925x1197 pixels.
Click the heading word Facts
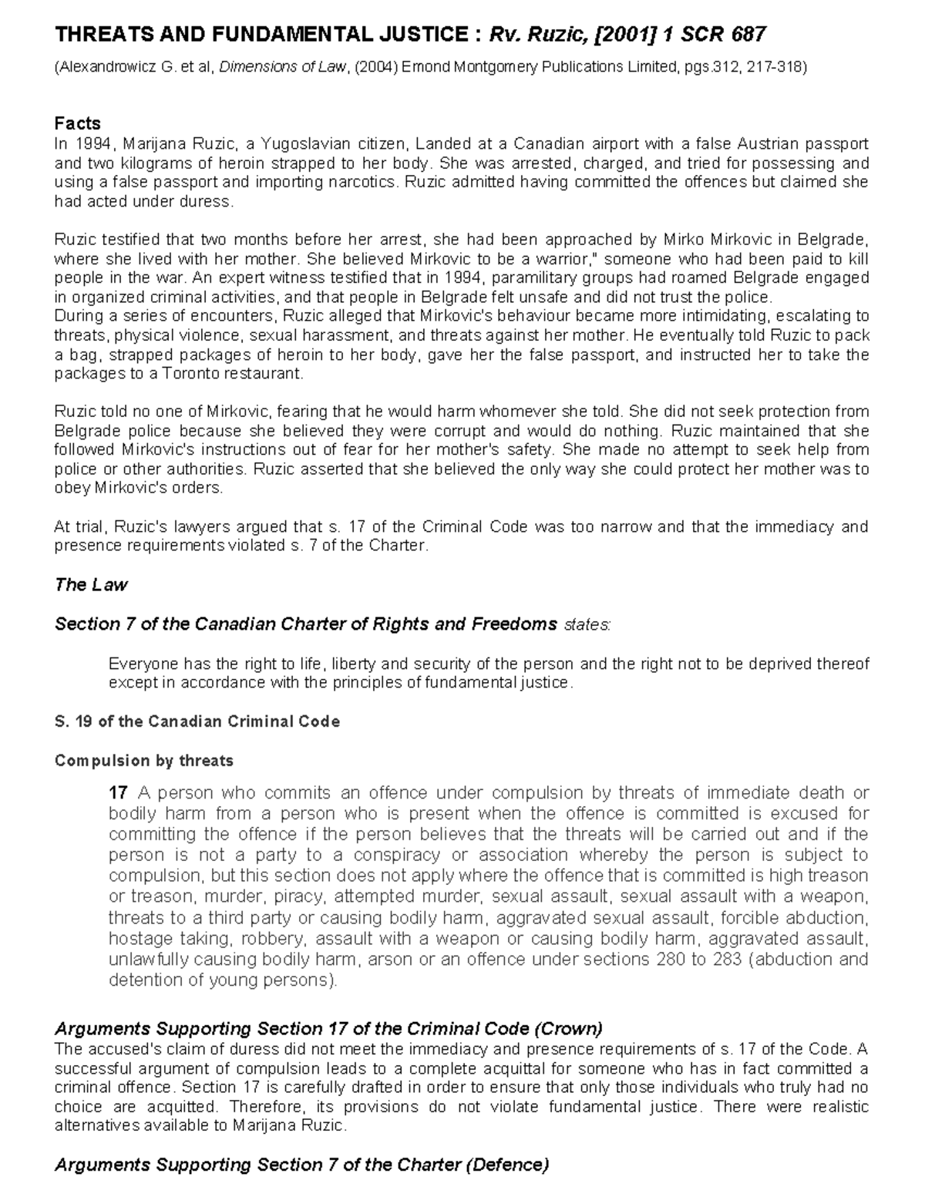77,123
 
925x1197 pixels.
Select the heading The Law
91,585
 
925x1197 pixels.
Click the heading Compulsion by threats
143,761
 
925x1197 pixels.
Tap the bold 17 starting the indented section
118,793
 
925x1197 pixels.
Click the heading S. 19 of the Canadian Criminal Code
197,721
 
